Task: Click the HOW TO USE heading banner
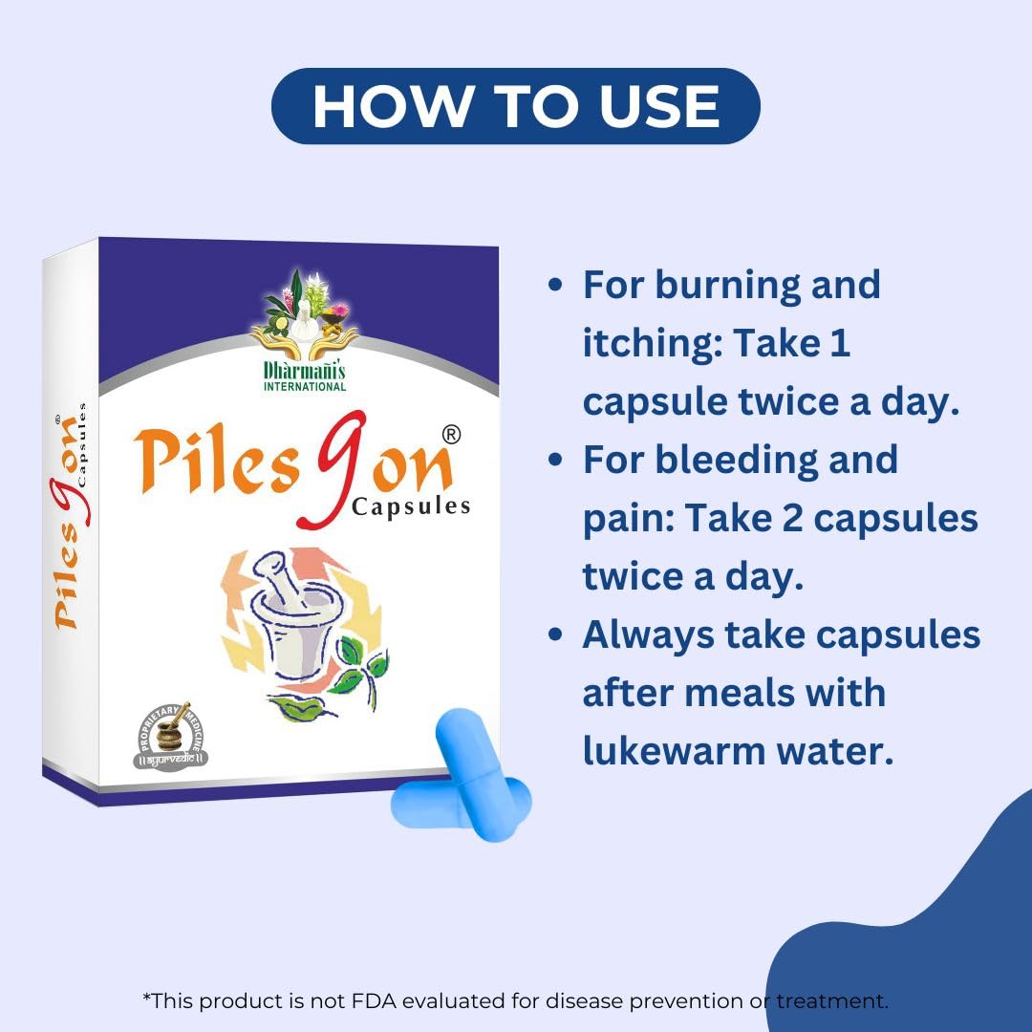tap(515, 106)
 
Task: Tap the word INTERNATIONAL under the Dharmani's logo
tap(305, 386)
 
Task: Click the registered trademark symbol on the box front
tap(451, 435)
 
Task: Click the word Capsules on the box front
tap(411, 506)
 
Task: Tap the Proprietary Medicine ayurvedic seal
tap(170, 736)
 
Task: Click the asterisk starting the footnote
tap(147, 997)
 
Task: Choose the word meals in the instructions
tap(739, 694)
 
